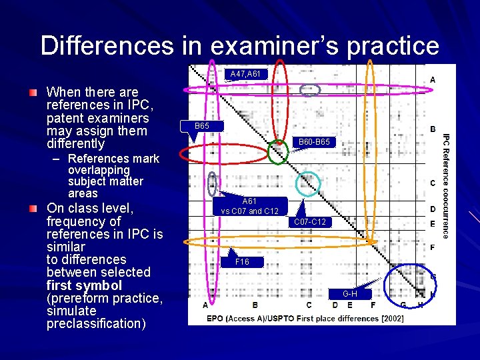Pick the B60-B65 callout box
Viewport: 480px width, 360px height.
point(313,142)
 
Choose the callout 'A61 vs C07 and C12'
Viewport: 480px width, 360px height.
point(249,206)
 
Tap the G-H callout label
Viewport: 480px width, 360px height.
point(349,294)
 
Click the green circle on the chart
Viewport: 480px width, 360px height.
point(278,151)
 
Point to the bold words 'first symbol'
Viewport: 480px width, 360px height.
point(84,285)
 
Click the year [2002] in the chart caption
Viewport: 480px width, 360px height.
point(392,319)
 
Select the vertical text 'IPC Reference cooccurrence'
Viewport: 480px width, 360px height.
point(446,184)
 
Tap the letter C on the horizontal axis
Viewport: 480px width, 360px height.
point(309,305)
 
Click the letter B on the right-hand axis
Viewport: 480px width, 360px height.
point(433,129)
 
